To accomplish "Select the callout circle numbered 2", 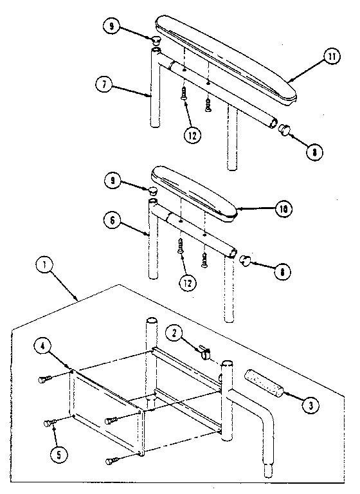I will pyautogui.click(x=176, y=333).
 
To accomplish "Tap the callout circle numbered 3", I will pyautogui.click(x=310, y=405).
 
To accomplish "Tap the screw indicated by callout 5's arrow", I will pyautogui.click(x=49, y=423).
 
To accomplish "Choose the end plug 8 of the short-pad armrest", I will pyautogui.click(x=246, y=260).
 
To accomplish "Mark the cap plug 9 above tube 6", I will pyautogui.click(x=151, y=190).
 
